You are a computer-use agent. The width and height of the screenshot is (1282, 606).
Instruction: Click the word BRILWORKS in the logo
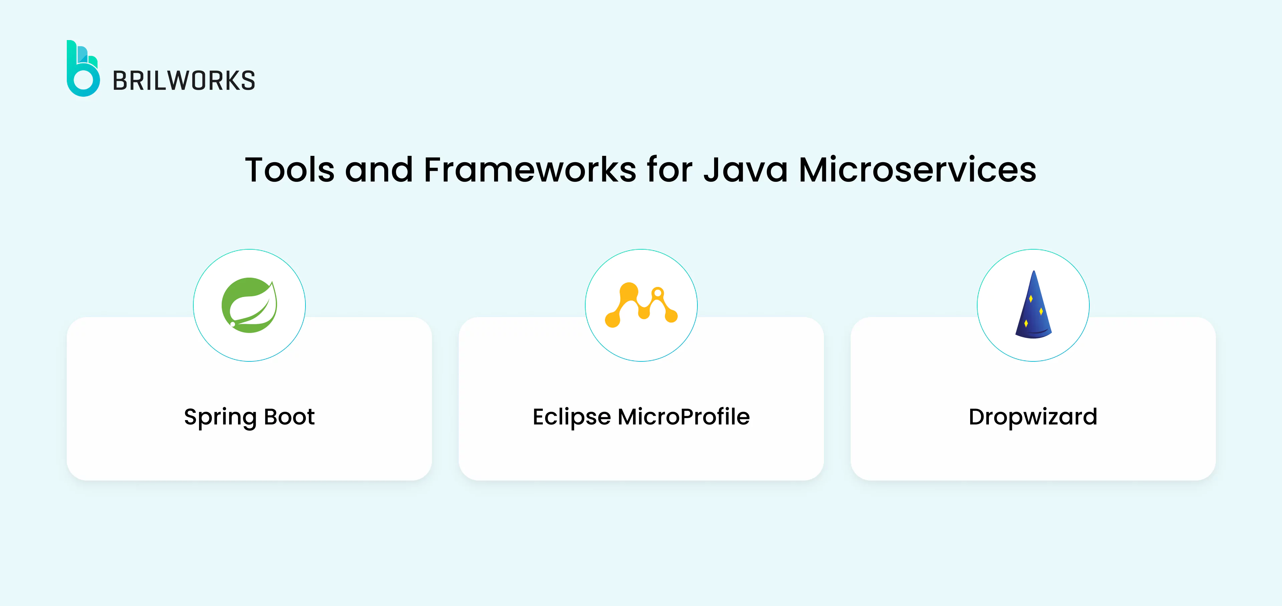[x=184, y=81]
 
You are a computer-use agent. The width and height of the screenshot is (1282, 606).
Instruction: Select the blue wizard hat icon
[x=1033, y=306]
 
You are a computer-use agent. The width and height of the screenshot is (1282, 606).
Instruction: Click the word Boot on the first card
[x=289, y=416]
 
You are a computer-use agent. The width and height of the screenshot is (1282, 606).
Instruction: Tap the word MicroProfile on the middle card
[x=683, y=416]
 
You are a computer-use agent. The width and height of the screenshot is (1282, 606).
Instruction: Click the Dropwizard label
[x=1033, y=417]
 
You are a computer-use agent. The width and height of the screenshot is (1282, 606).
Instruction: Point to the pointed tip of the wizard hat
[x=1034, y=273]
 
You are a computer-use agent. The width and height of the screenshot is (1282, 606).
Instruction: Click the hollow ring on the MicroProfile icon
[x=657, y=293]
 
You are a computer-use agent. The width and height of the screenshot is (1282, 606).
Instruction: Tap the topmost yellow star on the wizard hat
[x=1031, y=299]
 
